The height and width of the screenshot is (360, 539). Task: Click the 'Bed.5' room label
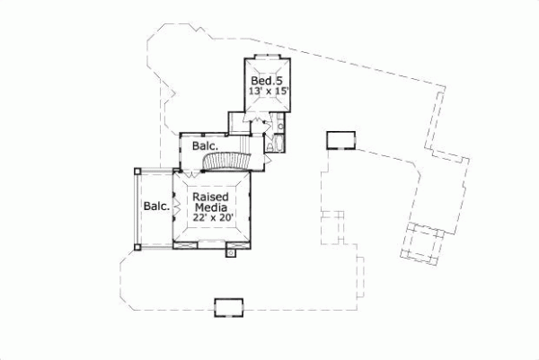pyautogui.click(x=267, y=80)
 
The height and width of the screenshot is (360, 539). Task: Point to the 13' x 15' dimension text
pyautogui.click(x=267, y=92)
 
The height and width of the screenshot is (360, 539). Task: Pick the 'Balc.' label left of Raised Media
pyautogui.click(x=157, y=206)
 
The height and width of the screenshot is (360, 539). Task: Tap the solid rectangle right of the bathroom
pyautogui.click(x=341, y=139)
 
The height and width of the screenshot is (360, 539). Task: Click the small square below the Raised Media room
pyautogui.click(x=231, y=253)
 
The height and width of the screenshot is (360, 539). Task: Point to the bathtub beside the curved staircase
pyautogui.click(x=275, y=145)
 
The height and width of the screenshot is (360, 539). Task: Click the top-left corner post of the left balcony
pyautogui.click(x=137, y=169)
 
